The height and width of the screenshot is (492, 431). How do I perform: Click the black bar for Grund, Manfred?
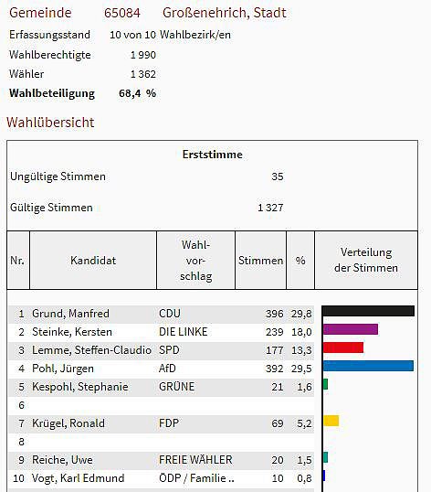pyautogui.click(x=368, y=311)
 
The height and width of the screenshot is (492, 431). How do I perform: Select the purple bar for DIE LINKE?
pyautogui.click(x=350, y=329)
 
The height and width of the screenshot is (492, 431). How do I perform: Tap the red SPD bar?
pyautogui.click(x=342, y=348)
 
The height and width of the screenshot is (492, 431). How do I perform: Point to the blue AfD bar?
pyautogui.click(x=368, y=366)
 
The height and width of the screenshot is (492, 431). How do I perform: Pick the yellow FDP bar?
pyautogui.click(x=331, y=421)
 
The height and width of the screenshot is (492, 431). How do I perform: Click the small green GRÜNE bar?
pyautogui.click(x=325, y=384)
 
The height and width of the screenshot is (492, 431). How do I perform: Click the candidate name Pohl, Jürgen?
pyautogui.click(x=63, y=369)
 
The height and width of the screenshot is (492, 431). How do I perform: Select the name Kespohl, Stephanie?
pyautogui.click(x=80, y=387)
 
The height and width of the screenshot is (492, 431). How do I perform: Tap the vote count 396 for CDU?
pyautogui.click(x=274, y=314)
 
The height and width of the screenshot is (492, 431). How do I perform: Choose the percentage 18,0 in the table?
pyautogui.click(x=300, y=332)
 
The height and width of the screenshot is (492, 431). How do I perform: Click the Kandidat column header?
pyautogui.click(x=93, y=261)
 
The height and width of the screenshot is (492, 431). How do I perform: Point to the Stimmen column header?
pyautogui.click(x=260, y=261)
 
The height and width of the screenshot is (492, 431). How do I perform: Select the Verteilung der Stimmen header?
pyautogui.click(x=366, y=260)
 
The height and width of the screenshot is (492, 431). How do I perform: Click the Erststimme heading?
pyautogui.click(x=212, y=155)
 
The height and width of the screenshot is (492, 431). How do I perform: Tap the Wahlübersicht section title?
pyautogui.click(x=50, y=122)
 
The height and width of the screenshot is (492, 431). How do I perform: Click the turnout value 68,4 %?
pyautogui.click(x=137, y=93)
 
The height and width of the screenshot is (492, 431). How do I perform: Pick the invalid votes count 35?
pyautogui.click(x=278, y=176)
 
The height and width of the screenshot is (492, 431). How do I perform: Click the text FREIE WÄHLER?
pyautogui.click(x=195, y=460)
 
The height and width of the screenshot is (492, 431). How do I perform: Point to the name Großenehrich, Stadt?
pyautogui.click(x=224, y=13)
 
